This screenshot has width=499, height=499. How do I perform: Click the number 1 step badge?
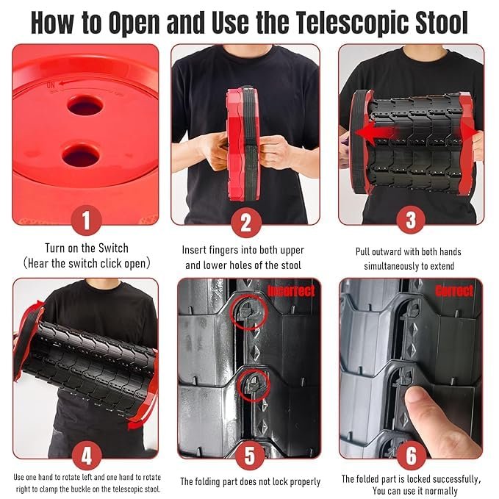[86, 220]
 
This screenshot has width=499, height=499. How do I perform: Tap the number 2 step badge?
[246, 222]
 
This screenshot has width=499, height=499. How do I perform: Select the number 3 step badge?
[411, 220]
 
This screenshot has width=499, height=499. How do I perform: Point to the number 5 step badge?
[250, 456]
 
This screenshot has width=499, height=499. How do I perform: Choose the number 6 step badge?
[411, 455]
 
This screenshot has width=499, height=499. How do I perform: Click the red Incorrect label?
[291, 291]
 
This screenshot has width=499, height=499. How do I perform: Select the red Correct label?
[454, 291]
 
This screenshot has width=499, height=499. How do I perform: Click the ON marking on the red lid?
[51, 85]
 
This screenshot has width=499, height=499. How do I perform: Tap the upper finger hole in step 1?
[85, 106]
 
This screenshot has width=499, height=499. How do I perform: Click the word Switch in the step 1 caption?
[113, 248]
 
